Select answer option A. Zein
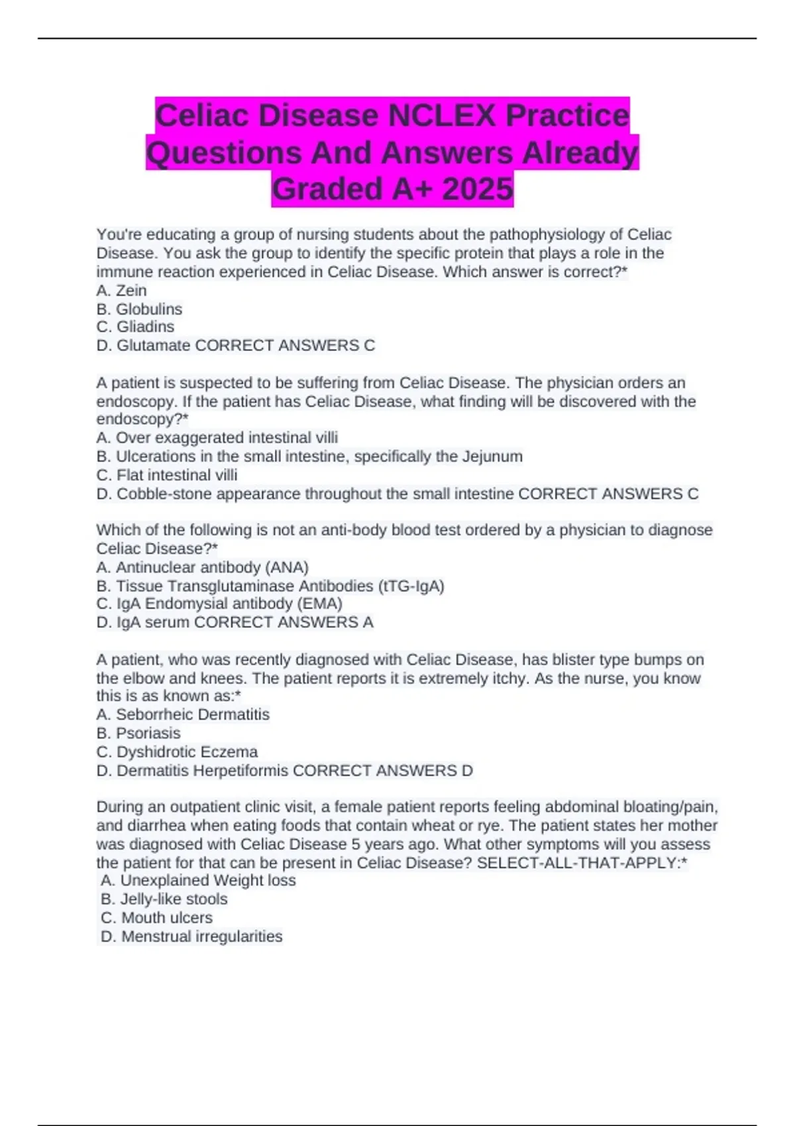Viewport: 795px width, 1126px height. click(122, 290)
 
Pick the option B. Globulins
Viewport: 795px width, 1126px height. click(139, 309)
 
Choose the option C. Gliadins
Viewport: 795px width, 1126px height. click(136, 327)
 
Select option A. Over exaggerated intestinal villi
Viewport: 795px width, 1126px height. click(217, 438)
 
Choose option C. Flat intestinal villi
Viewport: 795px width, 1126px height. click(167, 475)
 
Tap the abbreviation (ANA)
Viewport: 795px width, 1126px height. click(287, 568)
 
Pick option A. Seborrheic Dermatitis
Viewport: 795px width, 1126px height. click(183, 715)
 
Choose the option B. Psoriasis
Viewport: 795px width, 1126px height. click(138, 733)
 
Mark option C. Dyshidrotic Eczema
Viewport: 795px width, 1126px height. click(177, 752)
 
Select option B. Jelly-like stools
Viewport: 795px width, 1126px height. click(164, 899)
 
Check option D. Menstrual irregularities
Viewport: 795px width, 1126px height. click(191, 936)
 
